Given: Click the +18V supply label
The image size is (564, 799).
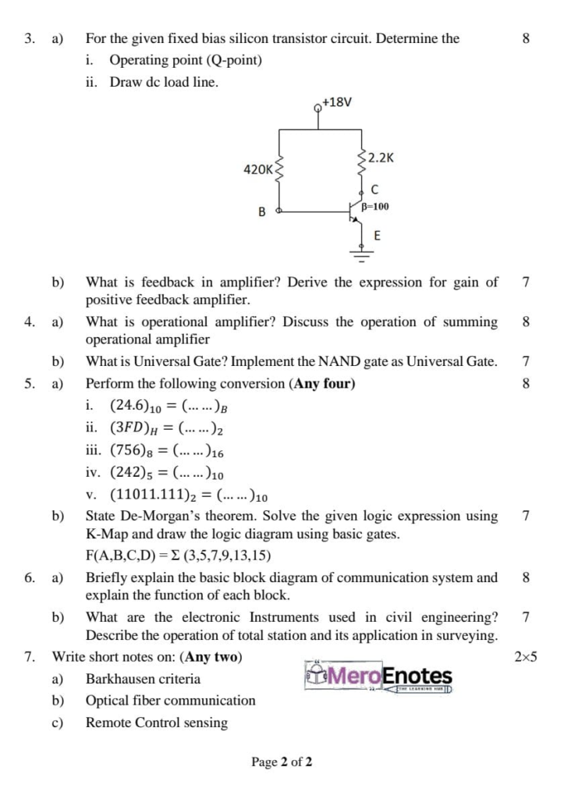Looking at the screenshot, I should tap(337, 102).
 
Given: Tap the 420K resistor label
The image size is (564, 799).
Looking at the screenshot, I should tap(257, 169).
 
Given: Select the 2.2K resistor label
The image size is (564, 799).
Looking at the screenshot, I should tap(381, 157).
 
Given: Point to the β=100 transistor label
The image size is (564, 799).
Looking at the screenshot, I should tap(374, 207).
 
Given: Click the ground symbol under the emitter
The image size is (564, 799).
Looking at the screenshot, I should tap(361, 250).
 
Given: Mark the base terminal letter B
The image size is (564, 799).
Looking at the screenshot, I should tap(261, 211).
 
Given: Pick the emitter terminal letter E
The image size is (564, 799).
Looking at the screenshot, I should tap(378, 235).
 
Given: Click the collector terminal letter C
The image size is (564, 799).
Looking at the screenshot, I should tap(375, 190).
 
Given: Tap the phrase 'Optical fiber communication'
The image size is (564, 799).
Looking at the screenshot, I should tap(170, 701).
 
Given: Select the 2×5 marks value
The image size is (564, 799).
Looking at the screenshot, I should tap(526, 657).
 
